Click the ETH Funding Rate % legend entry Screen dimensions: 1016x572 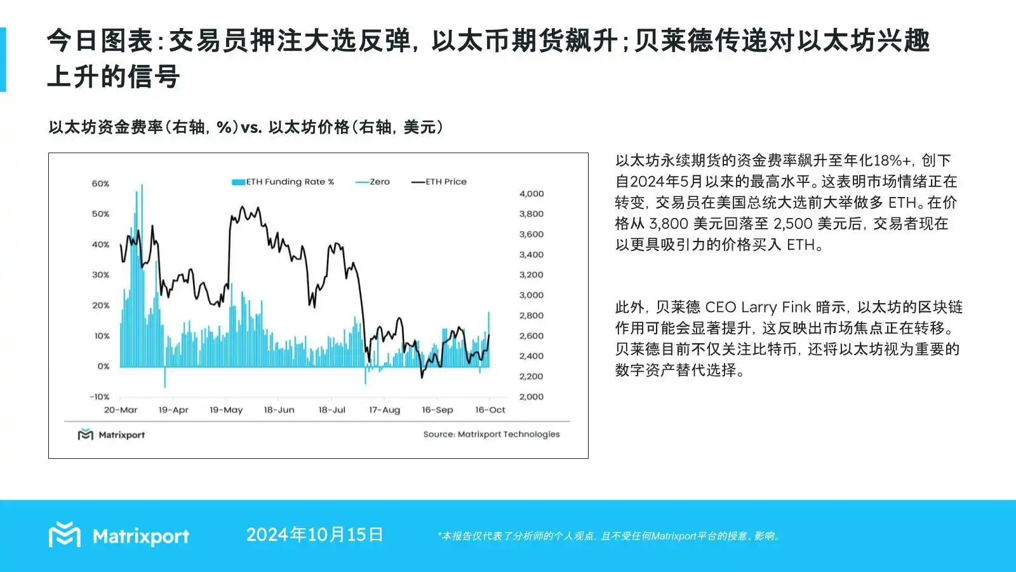point(283,182)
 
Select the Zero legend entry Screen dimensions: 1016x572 point(373,182)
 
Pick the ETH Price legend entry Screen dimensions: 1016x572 point(439,182)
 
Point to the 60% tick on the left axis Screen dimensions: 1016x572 point(101,184)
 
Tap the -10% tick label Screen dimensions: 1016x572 point(100,397)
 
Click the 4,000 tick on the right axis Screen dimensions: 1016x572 point(531,194)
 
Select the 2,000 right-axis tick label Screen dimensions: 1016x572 point(531,397)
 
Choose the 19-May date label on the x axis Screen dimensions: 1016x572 point(226,410)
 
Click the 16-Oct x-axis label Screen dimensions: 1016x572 point(490,410)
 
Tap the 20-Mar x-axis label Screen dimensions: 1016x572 point(121,410)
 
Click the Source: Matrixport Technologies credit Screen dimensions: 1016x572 point(491,435)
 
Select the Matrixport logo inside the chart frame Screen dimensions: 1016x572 point(111,435)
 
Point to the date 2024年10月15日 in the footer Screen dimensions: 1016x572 point(315,535)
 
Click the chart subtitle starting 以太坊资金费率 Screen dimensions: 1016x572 point(246,127)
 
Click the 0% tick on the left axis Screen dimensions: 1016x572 point(104,366)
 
